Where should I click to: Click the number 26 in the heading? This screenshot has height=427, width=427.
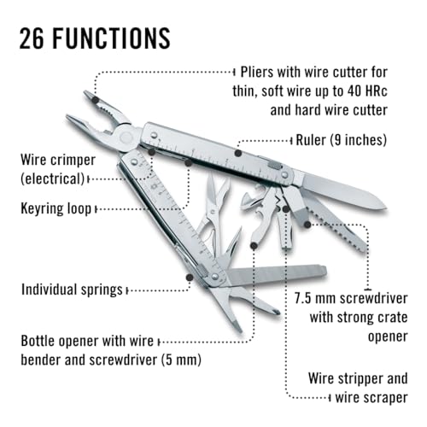32,38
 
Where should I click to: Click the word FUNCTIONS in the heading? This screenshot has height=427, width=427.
111,38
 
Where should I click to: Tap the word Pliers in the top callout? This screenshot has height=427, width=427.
257,73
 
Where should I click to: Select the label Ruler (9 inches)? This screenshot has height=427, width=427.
342,140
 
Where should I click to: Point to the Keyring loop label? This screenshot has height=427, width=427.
56,208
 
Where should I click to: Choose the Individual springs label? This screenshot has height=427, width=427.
72,290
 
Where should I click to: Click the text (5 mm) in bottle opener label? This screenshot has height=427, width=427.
181,360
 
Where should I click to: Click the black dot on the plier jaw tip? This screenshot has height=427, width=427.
96,100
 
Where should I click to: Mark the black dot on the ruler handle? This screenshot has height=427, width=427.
238,154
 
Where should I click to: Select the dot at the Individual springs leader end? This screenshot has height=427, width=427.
190,277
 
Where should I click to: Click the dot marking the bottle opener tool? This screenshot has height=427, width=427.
254,245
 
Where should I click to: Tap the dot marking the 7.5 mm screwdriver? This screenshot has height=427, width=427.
307,225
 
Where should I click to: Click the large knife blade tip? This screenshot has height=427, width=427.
386,208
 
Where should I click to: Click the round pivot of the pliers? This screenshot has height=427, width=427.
126,137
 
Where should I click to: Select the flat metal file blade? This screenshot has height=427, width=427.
277,274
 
